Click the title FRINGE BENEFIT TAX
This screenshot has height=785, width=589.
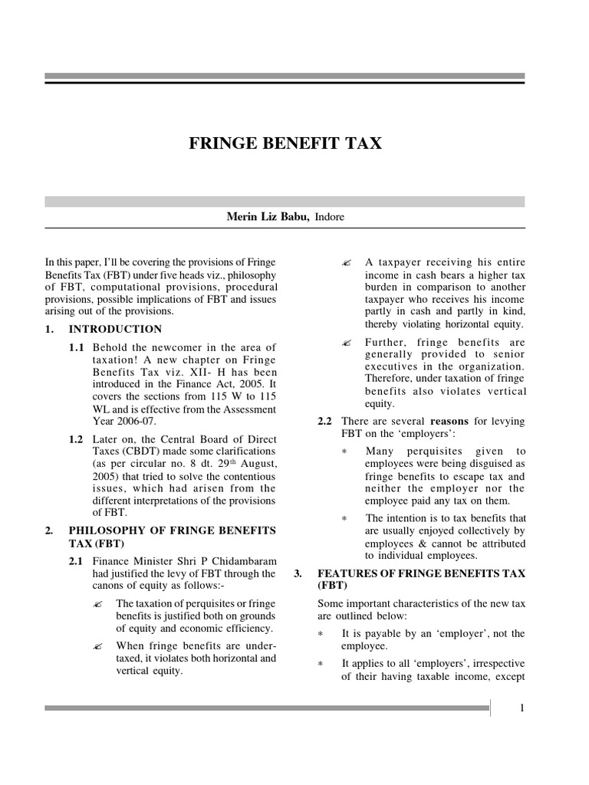(285, 143)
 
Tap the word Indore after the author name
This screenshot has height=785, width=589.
(329, 217)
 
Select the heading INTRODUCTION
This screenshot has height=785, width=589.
(115, 329)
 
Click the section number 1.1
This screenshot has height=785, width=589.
(77, 347)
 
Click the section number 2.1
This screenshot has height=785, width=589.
(77, 561)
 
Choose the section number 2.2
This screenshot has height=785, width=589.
(326, 422)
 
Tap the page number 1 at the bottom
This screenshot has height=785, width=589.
(522, 708)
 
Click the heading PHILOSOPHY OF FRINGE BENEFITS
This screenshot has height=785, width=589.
(166, 530)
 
